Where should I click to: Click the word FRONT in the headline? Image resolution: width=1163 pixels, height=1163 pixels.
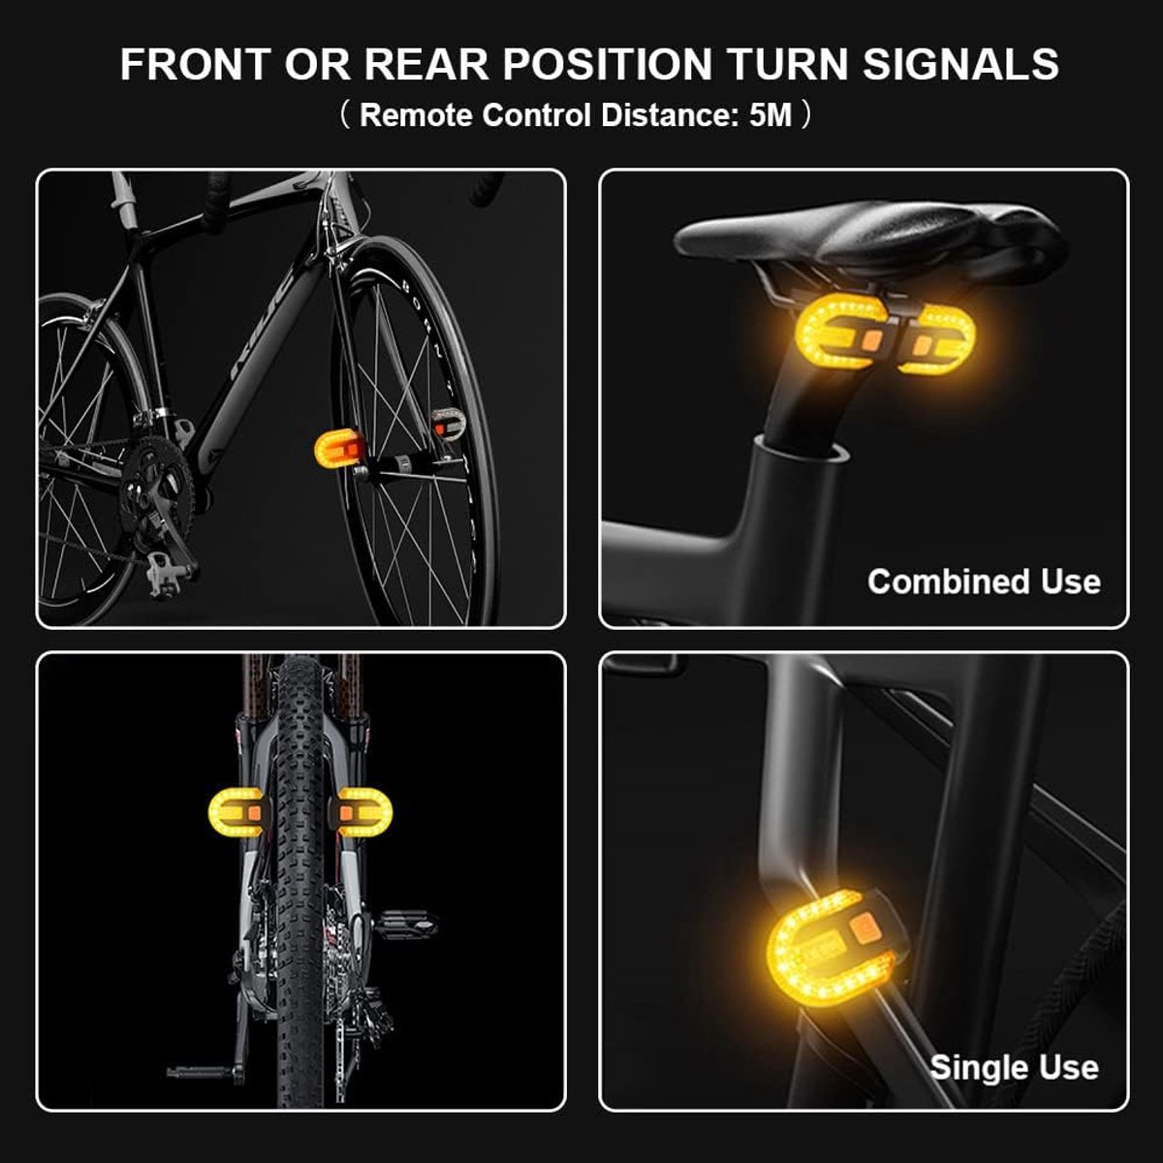click(196, 64)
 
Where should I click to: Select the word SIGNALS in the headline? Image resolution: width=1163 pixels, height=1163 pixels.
click(960, 64)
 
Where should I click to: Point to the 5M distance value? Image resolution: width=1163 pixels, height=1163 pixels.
click(770, 114)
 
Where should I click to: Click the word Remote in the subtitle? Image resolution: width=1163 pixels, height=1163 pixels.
click(415, 114)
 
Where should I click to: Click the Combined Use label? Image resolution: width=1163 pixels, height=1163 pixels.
click(984, 581)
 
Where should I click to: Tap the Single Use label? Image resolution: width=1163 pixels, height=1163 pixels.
click(1014, 1068)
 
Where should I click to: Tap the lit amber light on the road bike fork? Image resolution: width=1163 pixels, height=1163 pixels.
click(340, 449)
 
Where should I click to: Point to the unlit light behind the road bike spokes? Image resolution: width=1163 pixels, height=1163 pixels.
click(448, 424)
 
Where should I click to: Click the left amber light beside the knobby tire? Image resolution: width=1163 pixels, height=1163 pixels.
click(236, 812)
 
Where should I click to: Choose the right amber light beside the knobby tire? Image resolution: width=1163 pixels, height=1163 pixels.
click(364, 812)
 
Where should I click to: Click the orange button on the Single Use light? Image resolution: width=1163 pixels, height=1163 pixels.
click(864, 927)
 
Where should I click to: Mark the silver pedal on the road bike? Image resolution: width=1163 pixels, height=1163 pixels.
click(166, 574)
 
